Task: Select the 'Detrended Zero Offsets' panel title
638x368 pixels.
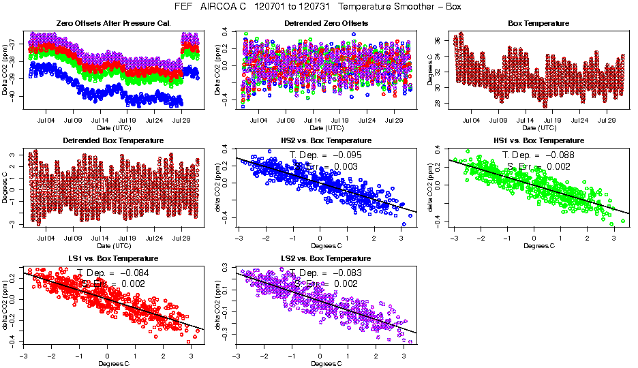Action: (326, 24)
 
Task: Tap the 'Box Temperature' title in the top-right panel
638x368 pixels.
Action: (538, 24)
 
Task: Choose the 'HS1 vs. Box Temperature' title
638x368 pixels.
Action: (538, 140)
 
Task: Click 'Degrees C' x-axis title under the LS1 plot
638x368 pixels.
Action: (112, 363)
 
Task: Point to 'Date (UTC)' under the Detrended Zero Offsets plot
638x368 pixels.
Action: (326, 128)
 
